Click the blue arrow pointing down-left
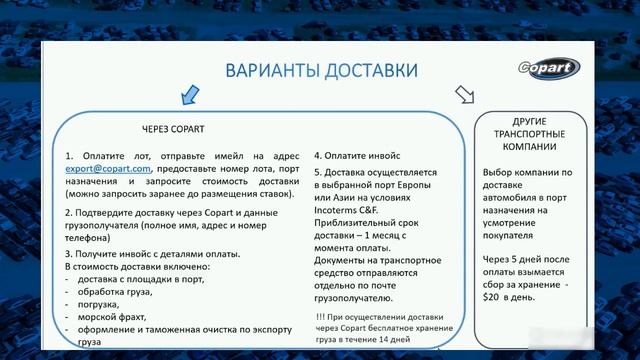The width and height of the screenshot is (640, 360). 187,96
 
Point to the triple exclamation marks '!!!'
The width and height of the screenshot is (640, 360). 320,318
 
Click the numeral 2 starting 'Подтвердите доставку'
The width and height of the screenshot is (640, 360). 68,213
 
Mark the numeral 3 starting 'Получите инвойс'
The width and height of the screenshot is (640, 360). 68,255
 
